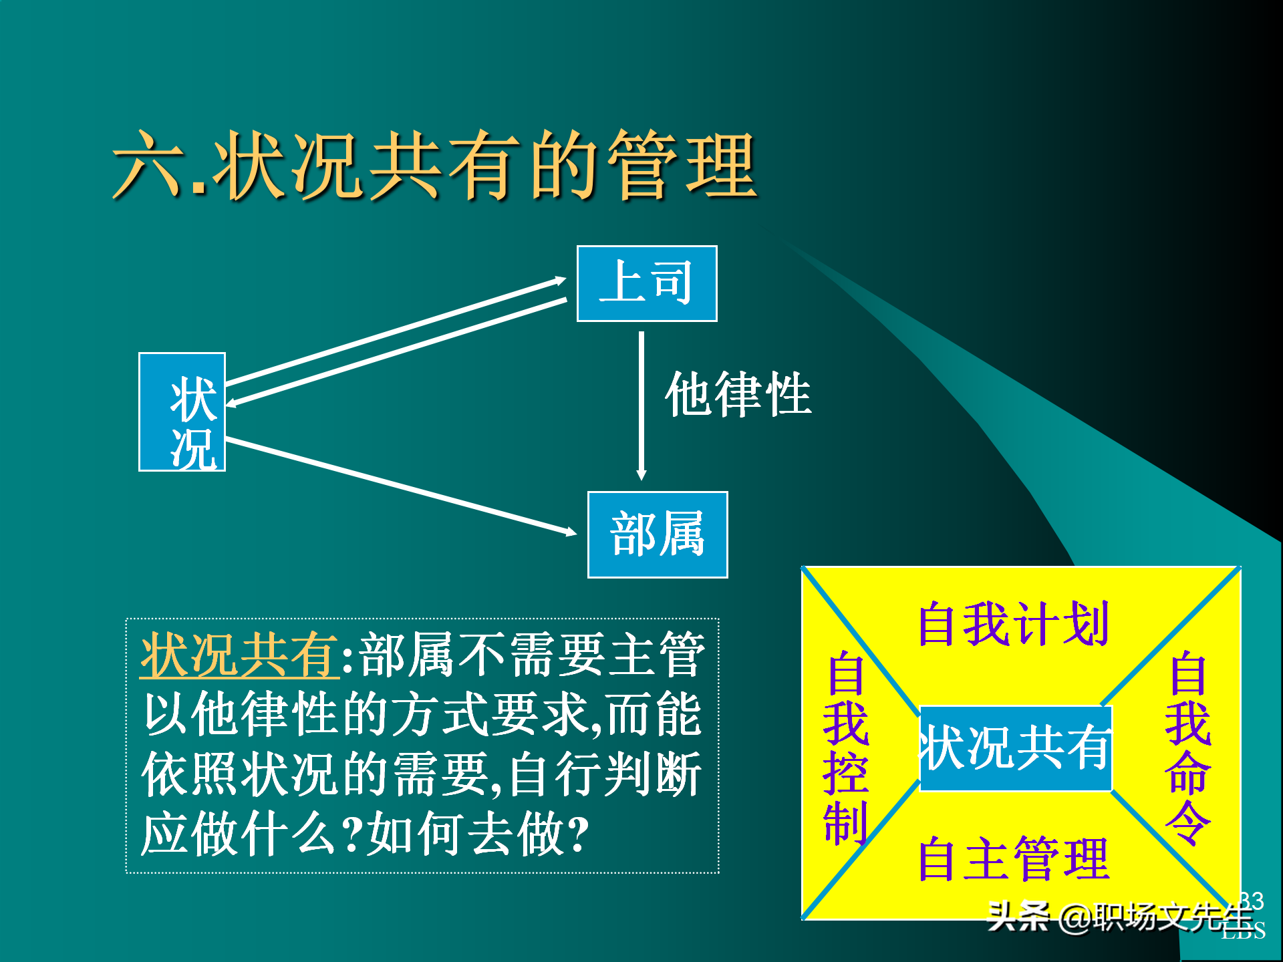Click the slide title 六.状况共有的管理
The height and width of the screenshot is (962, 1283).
point(434,166)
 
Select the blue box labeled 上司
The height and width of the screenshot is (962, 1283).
point(646,283)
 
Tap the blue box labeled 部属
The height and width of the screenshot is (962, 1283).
point(657,534)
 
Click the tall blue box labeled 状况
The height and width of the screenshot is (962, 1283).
point(182,412)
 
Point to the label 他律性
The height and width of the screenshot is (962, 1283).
point(738,394)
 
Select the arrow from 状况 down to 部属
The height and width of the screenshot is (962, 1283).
point(401,486)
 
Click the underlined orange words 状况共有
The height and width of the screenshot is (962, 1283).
point(239,655)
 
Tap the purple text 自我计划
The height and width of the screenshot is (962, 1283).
point(1013,624)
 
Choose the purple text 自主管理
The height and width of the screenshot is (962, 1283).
point(1013,859)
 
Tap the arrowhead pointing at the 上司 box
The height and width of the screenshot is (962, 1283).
point(560,280)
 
